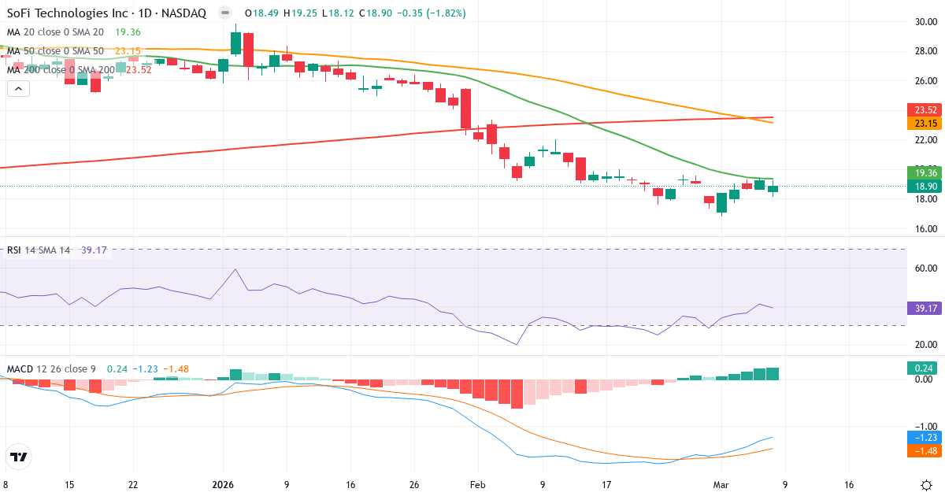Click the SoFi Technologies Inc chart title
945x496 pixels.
(x=106, y=13)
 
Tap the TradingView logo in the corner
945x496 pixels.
(x=19, y=457)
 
